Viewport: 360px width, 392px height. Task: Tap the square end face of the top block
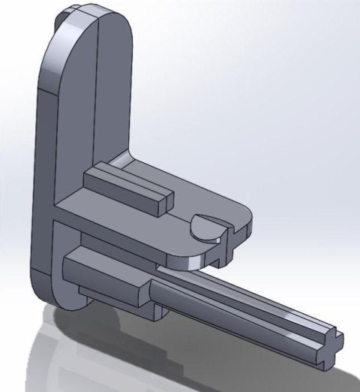pos(166,200)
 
